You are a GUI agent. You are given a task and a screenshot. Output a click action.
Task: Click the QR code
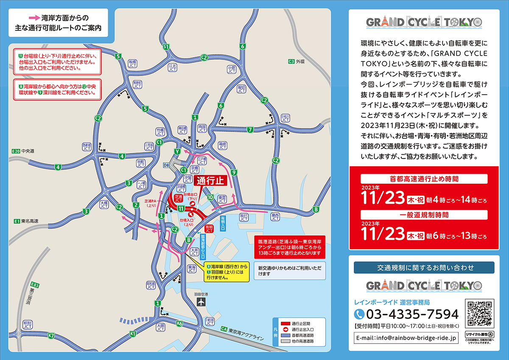pos(480,313)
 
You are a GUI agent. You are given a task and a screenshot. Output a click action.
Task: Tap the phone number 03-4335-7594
pos(412,314)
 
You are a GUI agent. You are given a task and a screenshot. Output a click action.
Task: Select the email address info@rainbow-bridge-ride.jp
pos(406,338)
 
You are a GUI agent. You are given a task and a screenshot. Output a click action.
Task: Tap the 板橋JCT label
pos(133,64)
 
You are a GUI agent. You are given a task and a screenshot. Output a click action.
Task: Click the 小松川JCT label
pos(285,118)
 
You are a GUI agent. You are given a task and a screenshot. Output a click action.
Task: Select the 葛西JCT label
pos(275,217)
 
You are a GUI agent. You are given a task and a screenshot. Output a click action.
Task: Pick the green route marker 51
pos(166,47)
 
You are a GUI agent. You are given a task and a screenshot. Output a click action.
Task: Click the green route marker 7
pos(250,129)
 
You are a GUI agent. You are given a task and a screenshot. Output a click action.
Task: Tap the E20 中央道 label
pos(23,151)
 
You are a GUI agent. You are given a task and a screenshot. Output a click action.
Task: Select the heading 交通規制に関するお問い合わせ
pos(424,268)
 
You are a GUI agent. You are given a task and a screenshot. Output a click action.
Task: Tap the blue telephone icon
pos(359,314)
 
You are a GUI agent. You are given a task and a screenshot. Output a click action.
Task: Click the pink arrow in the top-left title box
pos(34,18)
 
